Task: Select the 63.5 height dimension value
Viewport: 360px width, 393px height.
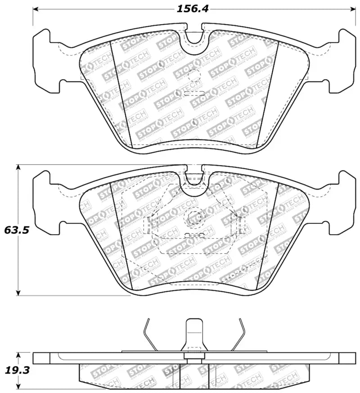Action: click(17, 230)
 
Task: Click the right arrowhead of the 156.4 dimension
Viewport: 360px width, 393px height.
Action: click(352, 9)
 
